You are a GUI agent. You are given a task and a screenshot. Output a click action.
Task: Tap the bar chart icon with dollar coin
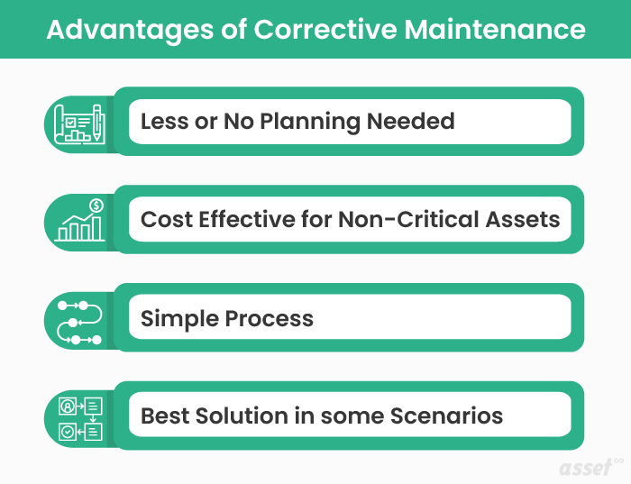point(79,221)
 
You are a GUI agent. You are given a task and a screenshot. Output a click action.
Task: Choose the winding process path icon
point(79,319)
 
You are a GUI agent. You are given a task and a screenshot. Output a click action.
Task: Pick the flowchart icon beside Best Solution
point(79,417)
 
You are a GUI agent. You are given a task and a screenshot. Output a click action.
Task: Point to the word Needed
point(411,121)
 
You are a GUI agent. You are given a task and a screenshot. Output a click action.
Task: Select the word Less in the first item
point(164,121)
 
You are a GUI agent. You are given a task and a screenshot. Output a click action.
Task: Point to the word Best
point(164,416)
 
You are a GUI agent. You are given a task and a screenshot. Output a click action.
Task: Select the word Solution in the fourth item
point(240,416)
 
